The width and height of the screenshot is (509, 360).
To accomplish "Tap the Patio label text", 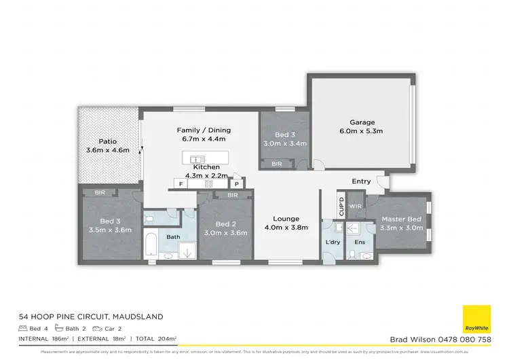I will point(107,141).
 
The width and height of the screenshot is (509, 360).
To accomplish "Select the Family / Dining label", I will point(204,130).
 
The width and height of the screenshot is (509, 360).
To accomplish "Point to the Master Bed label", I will point(400,219).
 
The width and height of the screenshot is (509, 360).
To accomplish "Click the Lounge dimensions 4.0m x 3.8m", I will point(290,228).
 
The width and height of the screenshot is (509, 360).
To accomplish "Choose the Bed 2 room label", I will point(225,224).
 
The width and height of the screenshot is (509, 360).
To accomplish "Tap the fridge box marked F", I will point(181,183).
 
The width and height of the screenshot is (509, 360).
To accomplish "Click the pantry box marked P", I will point(237,183).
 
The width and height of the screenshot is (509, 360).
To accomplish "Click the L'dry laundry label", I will point(333,242).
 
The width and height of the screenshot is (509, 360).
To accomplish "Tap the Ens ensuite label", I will point(360,242).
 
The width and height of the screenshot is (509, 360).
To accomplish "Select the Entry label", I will point(361,181).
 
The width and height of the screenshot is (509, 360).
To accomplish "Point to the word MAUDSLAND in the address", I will point(138,317).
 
